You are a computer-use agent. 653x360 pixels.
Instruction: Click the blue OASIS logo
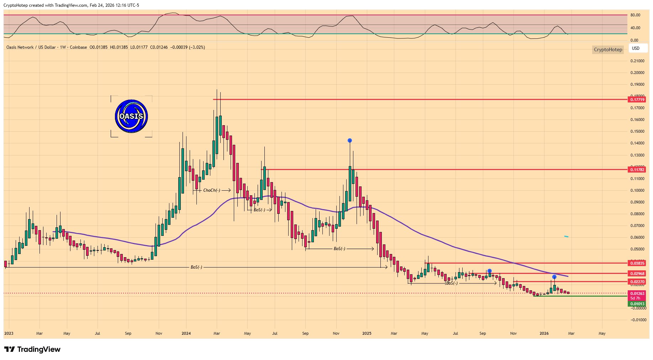click(131, 116)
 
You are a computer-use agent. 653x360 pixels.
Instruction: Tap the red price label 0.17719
click(637, 100)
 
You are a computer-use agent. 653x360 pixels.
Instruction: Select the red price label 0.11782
click(637, 170)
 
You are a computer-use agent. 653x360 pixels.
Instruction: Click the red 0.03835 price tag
click(637, 263)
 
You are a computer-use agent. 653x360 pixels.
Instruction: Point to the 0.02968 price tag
click(637, 274)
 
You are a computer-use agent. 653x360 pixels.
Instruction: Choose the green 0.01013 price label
click(637, 304)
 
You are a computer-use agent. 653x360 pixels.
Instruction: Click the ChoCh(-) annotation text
click(212, 190)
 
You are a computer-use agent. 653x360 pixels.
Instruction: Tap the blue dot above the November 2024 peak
click(350, 141)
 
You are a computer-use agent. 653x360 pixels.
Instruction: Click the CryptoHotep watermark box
click(608, 49)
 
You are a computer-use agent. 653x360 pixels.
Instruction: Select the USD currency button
click(636, 48)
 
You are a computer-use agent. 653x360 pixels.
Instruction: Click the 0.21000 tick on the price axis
click(637, 61)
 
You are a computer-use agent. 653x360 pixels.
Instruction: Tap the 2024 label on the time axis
click(186, 333)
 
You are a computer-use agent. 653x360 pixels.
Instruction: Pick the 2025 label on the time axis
click(367, 333)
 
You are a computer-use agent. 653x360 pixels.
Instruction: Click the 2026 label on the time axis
click(544, 333)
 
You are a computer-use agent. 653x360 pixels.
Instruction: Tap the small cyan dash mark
click(566, 236)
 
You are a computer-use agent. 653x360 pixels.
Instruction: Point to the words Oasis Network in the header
click(20, 47)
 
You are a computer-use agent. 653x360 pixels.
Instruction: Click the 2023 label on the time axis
click(9, 333)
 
